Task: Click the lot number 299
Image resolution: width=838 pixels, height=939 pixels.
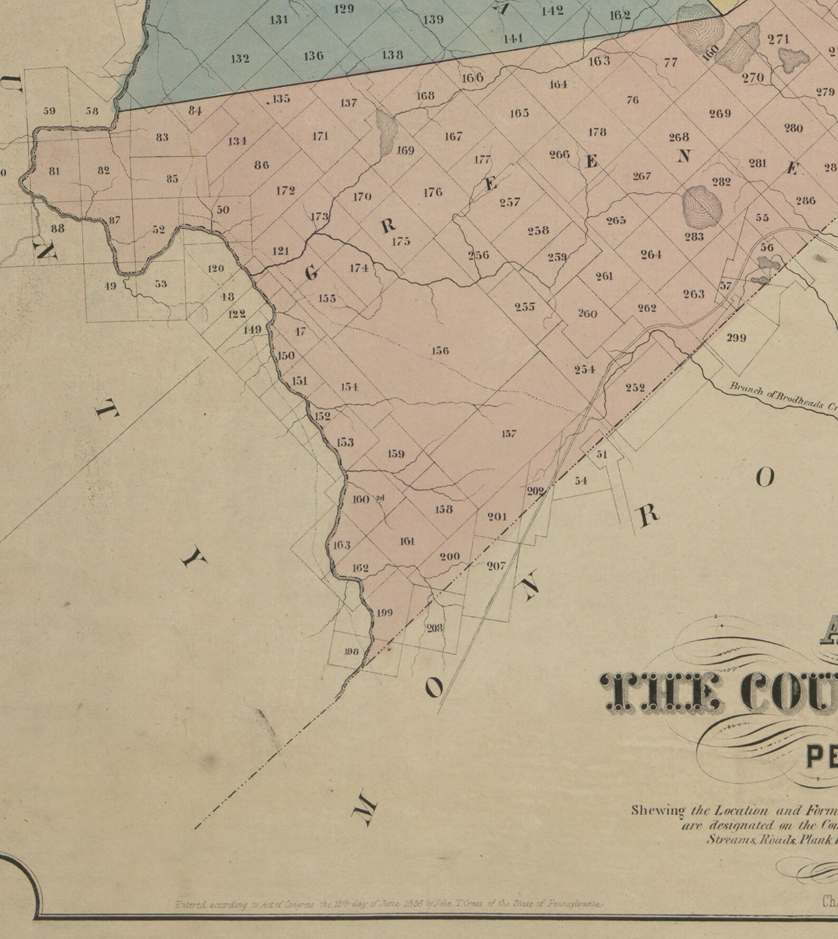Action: pos(736,338)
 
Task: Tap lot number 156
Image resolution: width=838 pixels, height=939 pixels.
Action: pos(440,351)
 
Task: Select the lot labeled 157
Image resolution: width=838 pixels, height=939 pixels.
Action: pos(509,434)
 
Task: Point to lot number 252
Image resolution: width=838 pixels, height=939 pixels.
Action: pos(635,388)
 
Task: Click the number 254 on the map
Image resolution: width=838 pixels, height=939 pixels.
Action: pos(585,370)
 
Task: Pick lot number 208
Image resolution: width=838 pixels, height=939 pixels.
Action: pos(435,628)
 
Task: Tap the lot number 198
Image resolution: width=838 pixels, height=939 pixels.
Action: pos(351,651)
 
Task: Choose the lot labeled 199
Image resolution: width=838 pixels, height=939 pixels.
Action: pos(384,613)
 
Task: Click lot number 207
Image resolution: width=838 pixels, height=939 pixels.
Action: pos(496,566)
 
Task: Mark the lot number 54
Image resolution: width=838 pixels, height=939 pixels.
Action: pos(580,481)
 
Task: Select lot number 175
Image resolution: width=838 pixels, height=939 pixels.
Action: pos(401,242)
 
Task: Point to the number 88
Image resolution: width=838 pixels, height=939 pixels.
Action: pos(58,228)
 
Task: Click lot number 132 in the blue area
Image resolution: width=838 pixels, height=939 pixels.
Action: pos(240,59)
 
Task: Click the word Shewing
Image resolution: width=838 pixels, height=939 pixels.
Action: pos(658,810)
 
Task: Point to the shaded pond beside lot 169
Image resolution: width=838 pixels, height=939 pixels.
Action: pos(386,132)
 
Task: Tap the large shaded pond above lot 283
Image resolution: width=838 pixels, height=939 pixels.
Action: pos(702,206)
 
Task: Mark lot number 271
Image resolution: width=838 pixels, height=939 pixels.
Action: pos(778,39)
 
